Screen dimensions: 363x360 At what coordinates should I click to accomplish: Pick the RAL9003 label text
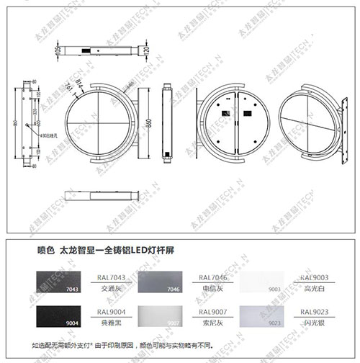point(314,277)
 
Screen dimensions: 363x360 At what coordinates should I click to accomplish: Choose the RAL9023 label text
point(314,313)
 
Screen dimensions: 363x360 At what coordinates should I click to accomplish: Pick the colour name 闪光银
point(314,324)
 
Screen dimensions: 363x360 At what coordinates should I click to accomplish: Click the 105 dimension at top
point(58,53)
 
